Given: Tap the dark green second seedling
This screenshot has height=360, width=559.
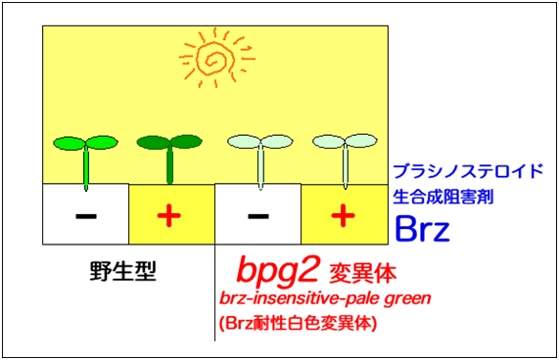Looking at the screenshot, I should [170, 154].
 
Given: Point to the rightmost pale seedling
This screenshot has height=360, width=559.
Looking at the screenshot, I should [344, 154].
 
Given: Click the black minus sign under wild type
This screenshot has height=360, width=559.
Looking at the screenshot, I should [85, 214].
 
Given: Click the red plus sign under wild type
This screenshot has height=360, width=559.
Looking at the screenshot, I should [171, 214].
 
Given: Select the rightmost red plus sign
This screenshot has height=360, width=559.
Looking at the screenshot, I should [344, 214].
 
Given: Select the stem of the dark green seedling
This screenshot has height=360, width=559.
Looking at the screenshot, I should [170, 166].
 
